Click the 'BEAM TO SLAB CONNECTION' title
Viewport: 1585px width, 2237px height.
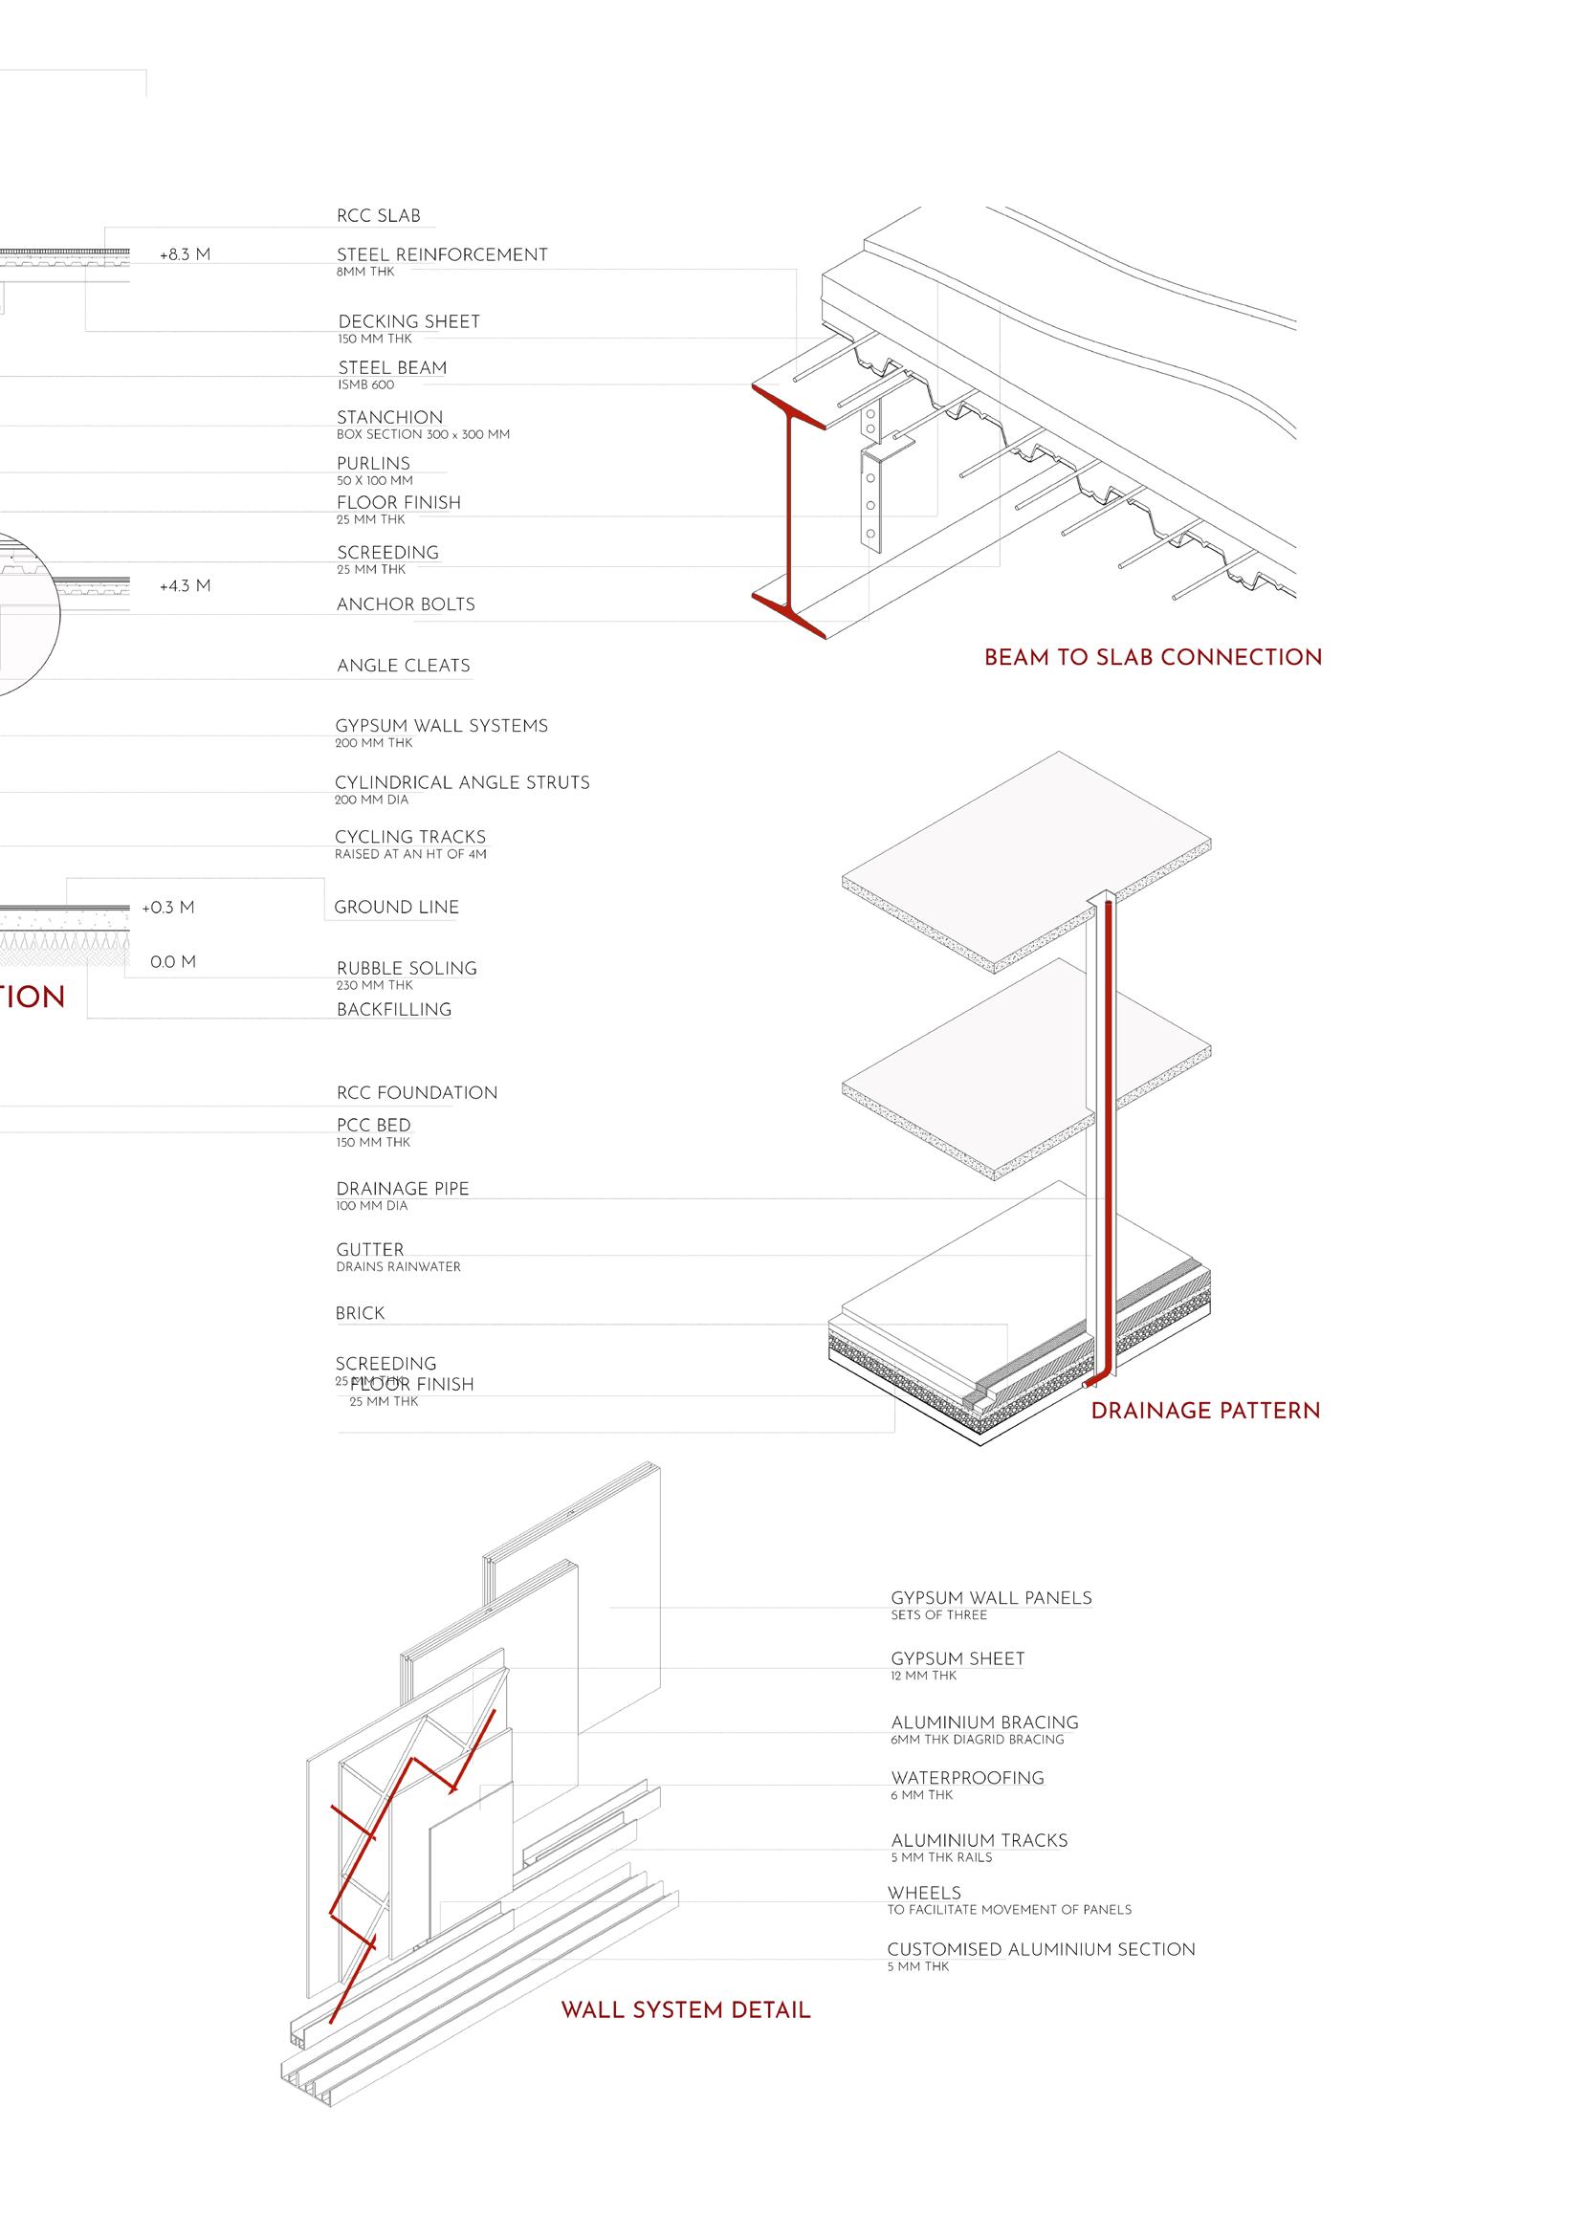pyautogui.click(x=1153, y=658)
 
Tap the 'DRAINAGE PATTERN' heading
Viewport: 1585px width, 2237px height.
pyautogui.click(x=1204, y=1411)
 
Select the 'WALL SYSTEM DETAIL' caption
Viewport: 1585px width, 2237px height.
pyautogui.click(x=685, y=2009)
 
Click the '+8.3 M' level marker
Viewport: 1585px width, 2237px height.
pyautogui.click(x=185, y=255)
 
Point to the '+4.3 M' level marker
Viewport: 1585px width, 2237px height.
pyautogui.click(x=185, y=586)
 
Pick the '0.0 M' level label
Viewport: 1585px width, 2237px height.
pyautogui.click(x=173, y=962)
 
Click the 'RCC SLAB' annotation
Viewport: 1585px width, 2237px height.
pyautogui.click(x=379, y=215)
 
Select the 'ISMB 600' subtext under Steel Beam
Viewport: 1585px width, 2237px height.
pyautogui.click(x=366, y=385)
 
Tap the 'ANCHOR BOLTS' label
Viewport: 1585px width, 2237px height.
pyautogui.click(x=405, y=604)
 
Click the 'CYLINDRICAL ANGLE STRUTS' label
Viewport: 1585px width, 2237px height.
pyautogui.click(x=462, y=782)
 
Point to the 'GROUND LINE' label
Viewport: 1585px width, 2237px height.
pyautogui.click(x=396, y=908)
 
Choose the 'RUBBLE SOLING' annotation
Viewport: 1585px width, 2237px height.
pyautogui.click(x=406, y=969)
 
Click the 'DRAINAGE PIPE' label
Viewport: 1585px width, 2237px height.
pyautogui.click(x=402, y=1188)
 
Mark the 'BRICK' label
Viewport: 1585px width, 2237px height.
pyautogui.click(x=360, y=1313)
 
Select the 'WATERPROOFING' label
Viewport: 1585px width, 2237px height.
pyautogui.click(x=967, y=1778)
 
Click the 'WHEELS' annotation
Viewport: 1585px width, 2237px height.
pyautogui.click(x=924, y=1893)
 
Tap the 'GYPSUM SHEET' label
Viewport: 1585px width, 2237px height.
pyautogui.click(x=958, y=1658)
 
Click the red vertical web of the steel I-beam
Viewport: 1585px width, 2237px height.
pyautogui.click(x=791, y=507)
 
